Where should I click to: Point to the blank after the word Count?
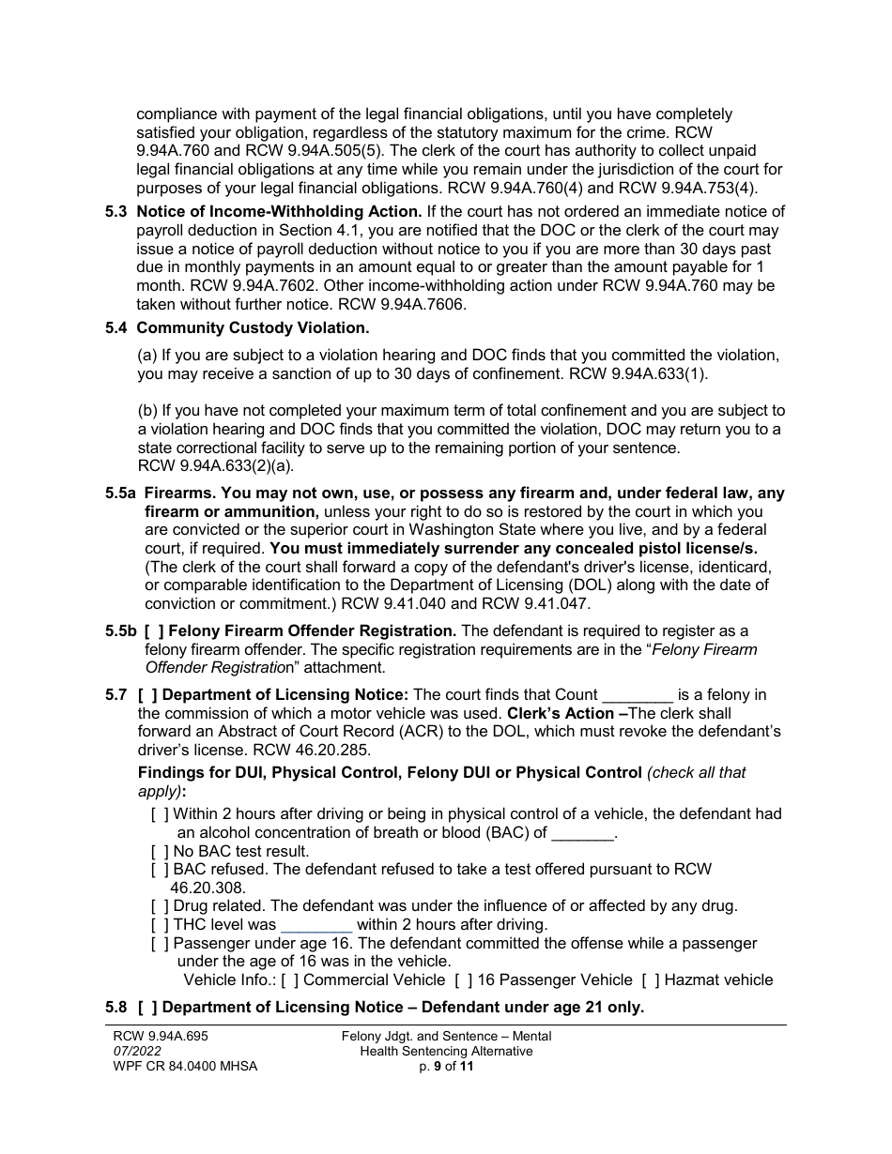tap(637, 696)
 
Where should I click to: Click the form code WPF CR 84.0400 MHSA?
tap(185, 1066)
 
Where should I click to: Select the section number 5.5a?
tap(121, 493)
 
